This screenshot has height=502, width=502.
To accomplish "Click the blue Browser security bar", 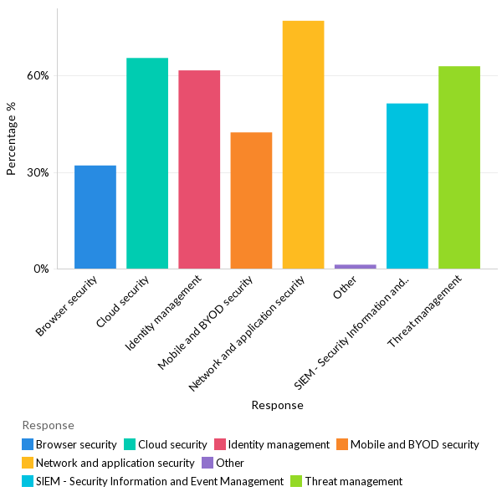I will click(x=95, y=218).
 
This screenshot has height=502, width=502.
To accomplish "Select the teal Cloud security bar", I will click(x=147, y=164).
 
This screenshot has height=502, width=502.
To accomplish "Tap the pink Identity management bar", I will click(x=199, y=170).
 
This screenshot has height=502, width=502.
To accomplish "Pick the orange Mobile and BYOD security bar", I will click(x=251, y=201).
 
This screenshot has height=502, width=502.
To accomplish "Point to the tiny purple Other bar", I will click(x=355, y=266).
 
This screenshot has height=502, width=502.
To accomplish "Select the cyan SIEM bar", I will click(x=407, y=187).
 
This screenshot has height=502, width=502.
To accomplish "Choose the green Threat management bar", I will click(x=459, y=167).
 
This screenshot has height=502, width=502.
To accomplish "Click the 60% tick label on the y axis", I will click(x=38, y=75).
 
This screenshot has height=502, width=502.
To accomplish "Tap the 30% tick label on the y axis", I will click(x=38, y=172).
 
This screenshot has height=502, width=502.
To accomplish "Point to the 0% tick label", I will click(x=41, y=269).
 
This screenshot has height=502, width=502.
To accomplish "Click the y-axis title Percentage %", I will click(x=12, y=139).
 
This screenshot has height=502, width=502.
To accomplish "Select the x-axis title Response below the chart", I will click(x=277, y=405).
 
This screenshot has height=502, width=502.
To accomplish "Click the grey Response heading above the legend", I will click(x=48, y=426).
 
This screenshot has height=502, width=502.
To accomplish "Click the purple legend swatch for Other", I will click(x=207, y=463).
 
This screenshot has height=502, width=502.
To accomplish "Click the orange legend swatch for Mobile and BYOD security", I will click(x=341, y=444).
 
